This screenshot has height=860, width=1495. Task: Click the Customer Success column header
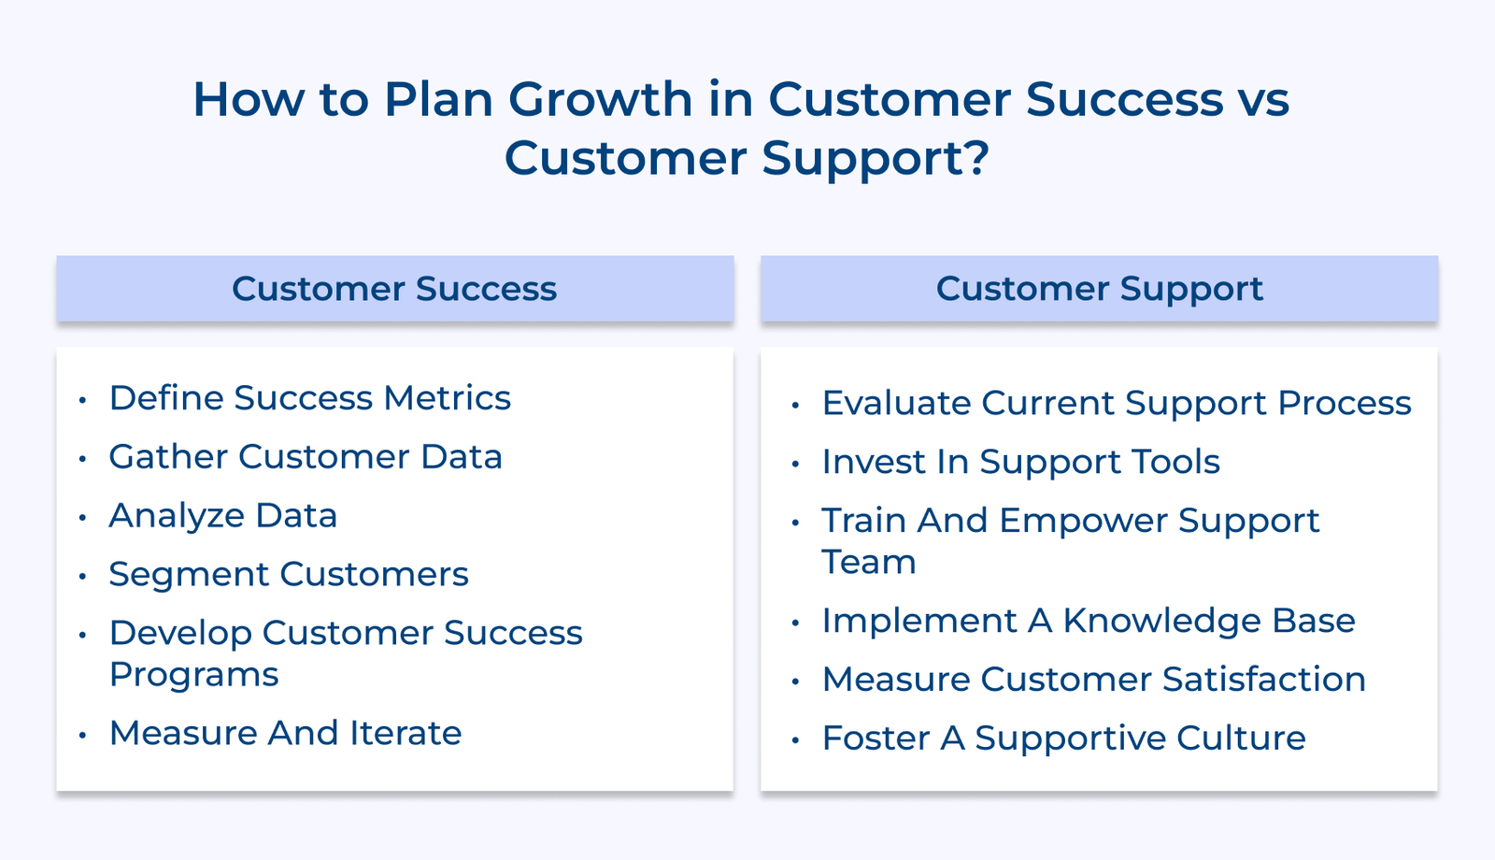coord(394,289)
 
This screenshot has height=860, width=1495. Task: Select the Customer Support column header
coord(1099,289)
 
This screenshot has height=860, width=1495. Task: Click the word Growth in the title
coord(600,99)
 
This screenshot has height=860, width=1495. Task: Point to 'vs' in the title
coord(1264,99)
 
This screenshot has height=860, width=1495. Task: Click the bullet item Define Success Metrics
coord(309,398)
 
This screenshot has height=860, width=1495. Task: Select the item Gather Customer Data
coord(306,457)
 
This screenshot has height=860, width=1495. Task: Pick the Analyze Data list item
coord(222,516)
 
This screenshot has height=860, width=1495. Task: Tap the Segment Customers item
coord(288,574)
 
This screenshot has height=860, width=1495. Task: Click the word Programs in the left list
coord(193,675)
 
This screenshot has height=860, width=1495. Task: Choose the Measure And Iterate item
coord(285,734)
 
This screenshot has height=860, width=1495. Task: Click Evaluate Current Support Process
coord(1116,404)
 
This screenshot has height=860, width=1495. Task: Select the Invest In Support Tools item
coord(1020,462)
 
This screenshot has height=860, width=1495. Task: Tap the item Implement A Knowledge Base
coord(1088,621)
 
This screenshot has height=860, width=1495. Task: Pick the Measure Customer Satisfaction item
coord(1093,680)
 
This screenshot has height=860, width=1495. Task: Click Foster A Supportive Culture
coord(1063,738)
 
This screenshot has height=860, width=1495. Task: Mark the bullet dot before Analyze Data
coord(83,517)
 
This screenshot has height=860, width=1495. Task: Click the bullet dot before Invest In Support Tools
coord(796,464)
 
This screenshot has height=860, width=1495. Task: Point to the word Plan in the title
coord(438,99)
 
